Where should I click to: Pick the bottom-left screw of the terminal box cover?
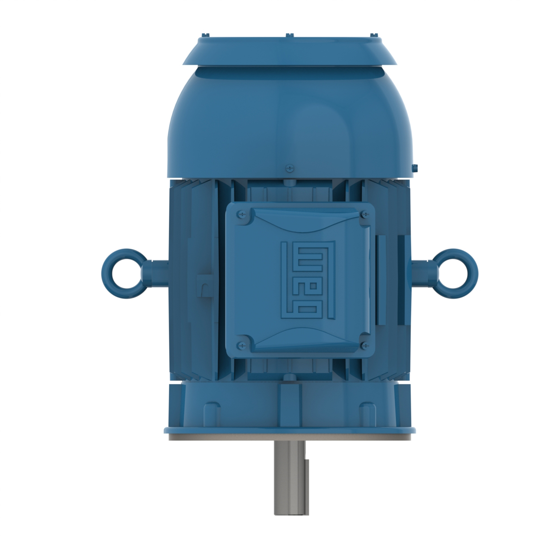coord(243,344)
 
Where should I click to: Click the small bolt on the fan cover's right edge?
coord(414,168)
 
